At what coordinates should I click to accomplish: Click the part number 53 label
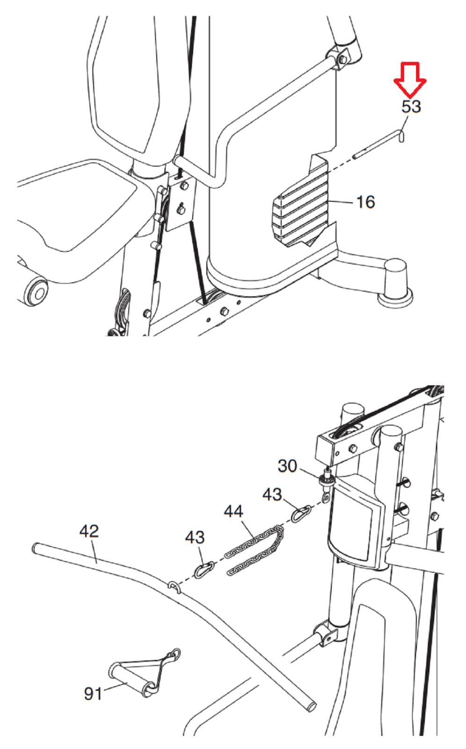411,107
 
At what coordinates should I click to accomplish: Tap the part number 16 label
366,202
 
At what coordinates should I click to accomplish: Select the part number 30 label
287,466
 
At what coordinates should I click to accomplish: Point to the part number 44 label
233,511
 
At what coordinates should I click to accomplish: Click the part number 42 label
89,531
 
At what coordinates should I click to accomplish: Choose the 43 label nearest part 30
272,494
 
